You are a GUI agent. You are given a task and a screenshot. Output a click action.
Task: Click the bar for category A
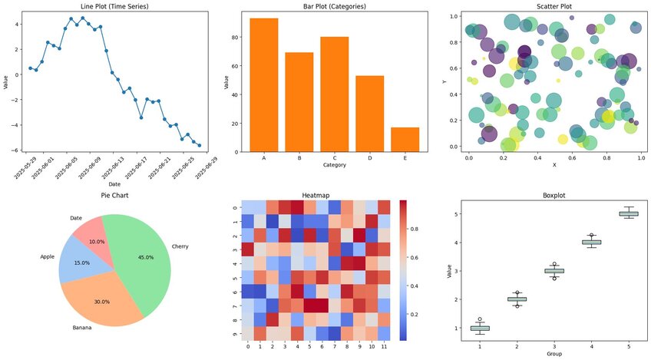coord(264,84)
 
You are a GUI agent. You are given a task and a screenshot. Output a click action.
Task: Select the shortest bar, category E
coord(405,139)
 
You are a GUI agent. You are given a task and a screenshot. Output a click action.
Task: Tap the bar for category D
coord(369,113)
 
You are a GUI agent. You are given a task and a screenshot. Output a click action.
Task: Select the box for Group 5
coord(629,213)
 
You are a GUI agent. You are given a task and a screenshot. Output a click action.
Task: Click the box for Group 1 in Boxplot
coord(479,328)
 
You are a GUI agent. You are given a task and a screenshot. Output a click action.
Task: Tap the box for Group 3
coord(554,271)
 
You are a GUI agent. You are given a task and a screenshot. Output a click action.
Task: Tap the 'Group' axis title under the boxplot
coord(554,355)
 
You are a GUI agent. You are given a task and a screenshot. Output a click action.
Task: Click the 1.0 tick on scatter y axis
coord(454,15)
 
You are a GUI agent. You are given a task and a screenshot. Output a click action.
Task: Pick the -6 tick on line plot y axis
coord(17,150)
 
